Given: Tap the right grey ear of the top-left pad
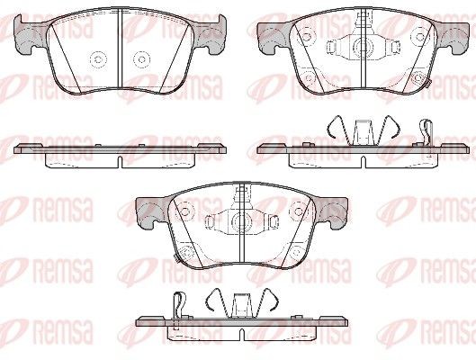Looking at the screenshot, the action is click(210, 36).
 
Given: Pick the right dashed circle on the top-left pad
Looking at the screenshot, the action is click(141, 58).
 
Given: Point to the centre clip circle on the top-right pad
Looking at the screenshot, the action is click(361, 47).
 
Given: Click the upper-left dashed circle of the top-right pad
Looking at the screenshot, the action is click(307, 36).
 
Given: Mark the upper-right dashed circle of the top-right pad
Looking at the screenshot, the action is click(420, 36).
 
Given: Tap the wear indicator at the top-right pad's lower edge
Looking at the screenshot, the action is click(428, 84).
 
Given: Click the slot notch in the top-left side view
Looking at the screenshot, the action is click(120, 161).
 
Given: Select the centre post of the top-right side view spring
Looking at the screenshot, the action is click(364, 132).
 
